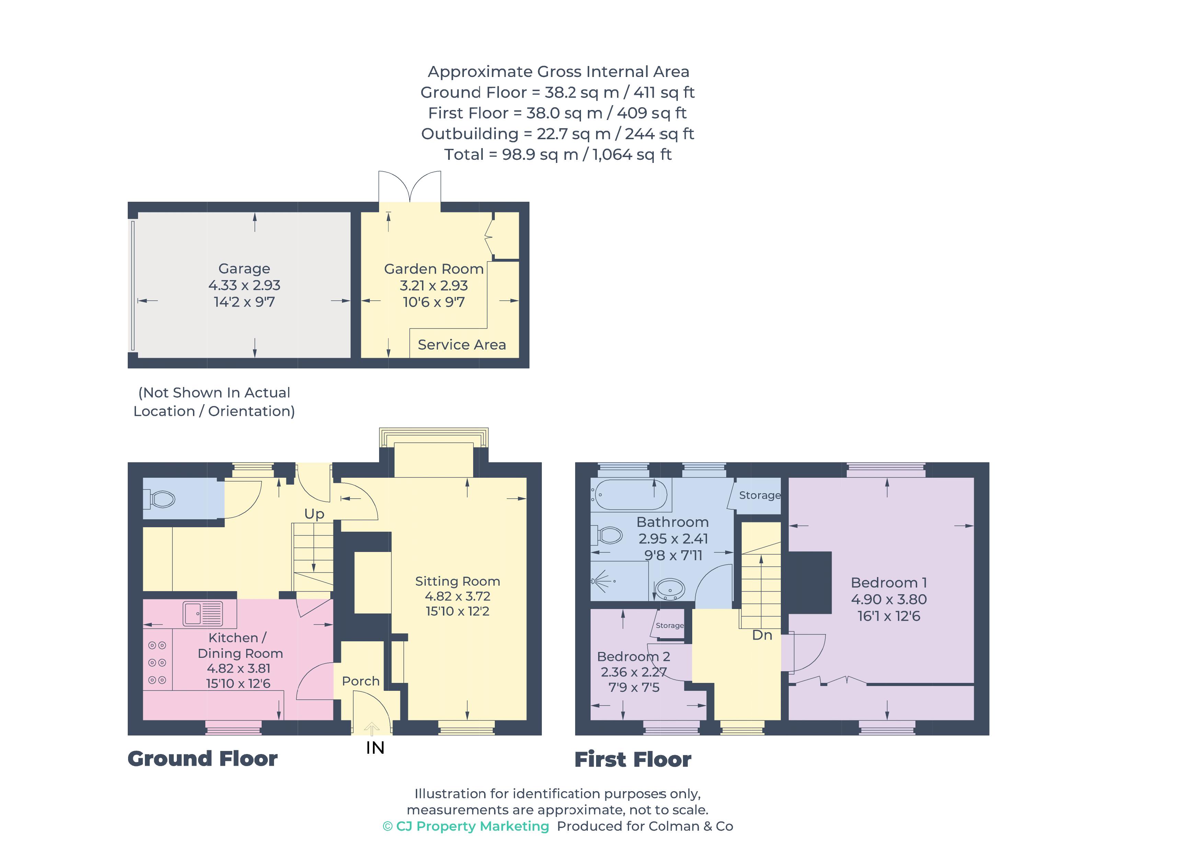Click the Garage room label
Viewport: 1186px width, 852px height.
pyautogui.click(x=244, y=268)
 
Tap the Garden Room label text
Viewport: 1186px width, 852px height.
pyautogui.click(x=434, y=269)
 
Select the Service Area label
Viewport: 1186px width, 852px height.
pyautogui.click(x=462, y=345)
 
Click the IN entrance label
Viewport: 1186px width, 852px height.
pyautogui.click(x=375, y=748)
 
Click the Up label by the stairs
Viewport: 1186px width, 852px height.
pyautogui.click(x=314, y=514)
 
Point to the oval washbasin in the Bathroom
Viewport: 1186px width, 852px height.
pyautogui.click(x=670, y=589)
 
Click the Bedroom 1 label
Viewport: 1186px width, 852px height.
pyautogui.click(x=888, y=583)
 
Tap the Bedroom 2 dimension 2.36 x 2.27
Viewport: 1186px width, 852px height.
pyautogui.click(x=633, y=672)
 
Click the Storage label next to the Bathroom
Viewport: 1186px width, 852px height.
pyautogui.click(x=759, y=495)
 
